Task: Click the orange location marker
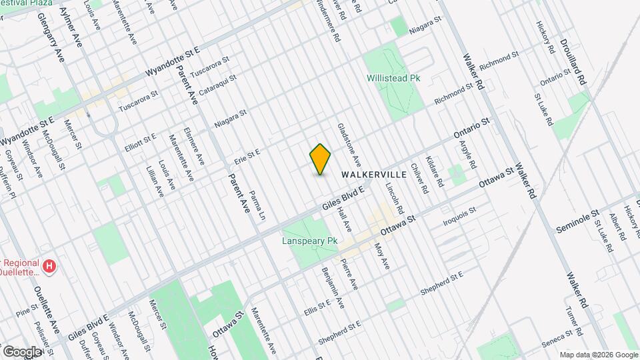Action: (321, 159)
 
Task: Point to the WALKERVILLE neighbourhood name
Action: (374, 174)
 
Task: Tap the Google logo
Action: (22, 351)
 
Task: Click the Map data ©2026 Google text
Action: (598, 355)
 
